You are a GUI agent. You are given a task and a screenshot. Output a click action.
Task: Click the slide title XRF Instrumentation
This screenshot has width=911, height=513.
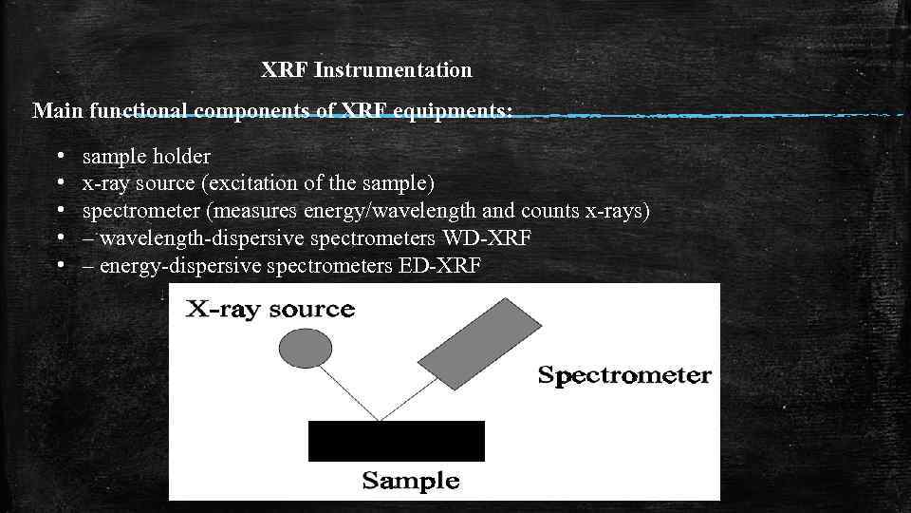click(366, 70)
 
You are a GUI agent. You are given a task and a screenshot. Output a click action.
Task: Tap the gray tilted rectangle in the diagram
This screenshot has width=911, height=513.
click(481, 343)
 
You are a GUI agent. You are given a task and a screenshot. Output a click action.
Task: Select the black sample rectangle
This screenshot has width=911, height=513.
click(397, 441)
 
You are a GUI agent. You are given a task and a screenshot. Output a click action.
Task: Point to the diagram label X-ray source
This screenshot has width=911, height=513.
click(270, 310)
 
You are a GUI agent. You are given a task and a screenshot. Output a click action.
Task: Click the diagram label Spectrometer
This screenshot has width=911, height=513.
click(624, 375)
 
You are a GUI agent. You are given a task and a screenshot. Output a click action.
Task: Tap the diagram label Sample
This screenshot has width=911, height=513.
click(411, 481)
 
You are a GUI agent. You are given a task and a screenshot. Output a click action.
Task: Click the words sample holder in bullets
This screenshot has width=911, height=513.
click(146, 156)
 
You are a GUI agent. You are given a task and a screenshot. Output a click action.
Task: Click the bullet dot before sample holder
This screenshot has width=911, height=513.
click(60, 155)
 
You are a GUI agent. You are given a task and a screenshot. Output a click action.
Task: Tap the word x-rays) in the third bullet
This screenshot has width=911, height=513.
click(617, 210)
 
